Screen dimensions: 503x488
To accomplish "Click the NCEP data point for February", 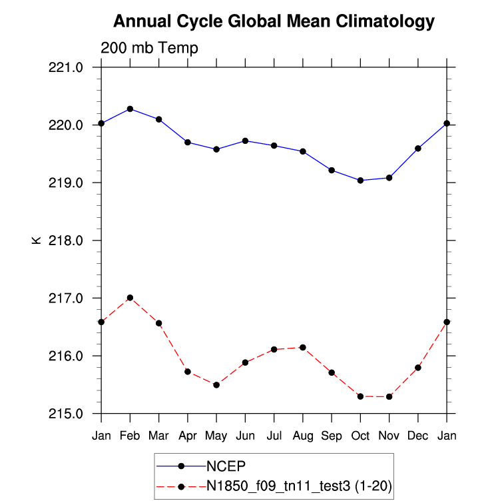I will click(130, 109).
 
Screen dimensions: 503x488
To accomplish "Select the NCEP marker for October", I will click(360, 181).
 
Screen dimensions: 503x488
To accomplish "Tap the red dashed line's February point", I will click(130, 298).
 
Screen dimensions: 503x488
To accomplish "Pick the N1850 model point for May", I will click(216, 385).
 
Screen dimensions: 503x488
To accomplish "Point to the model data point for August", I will click(303, 347).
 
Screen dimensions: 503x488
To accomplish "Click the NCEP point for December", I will click(418, 149).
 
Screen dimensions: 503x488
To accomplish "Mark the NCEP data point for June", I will click(245, 141).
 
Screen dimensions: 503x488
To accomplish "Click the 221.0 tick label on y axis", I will click(66, 67).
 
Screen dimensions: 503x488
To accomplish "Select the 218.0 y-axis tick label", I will click(66, 241).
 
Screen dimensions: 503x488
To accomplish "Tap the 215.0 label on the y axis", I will click(66, 414).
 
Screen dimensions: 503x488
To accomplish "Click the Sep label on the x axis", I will click(332, 436).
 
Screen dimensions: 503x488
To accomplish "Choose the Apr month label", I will click(188, 436).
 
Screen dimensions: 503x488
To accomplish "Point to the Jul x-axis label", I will click(274, 436).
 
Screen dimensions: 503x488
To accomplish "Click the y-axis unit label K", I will click(36, 240).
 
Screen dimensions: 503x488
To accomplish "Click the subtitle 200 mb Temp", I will click(149, 48).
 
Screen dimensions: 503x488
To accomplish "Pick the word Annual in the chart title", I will click(139, 22).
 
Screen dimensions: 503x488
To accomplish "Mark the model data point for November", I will click(389, 396).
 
